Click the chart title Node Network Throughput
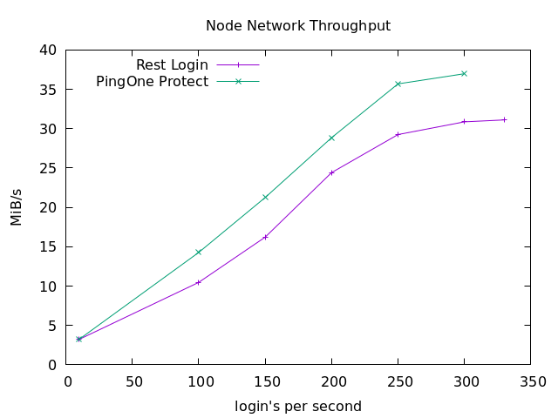(x=298, y=26)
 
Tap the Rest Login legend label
(x=172, y=65)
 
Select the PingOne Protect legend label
(x=152, y=82)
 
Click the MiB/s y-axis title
(x=17, y=207)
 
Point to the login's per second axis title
(x=298, y=407)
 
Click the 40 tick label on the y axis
(x=49, y=51)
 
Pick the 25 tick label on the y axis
(x=49, y=168)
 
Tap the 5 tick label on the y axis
(x=53, y=326)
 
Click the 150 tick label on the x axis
(x=265, y=381)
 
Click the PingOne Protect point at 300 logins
(x=464, y=73)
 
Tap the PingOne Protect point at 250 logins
(x=398, y=84)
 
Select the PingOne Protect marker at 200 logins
(x=331, y=138)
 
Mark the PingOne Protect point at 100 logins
(x=199, y=253)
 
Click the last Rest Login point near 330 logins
(x=504, y=119)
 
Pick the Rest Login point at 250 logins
(x=398, y=134)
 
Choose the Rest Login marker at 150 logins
(x=265, y=237)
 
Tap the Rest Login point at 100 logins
(x=199, y=282)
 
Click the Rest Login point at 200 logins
(x=331, y=172)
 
